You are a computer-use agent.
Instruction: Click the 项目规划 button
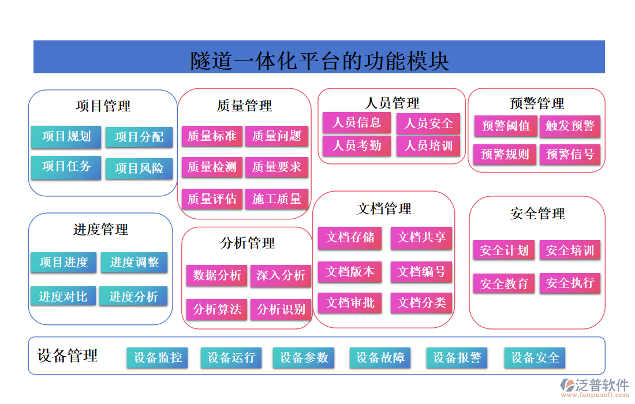pyautogui.click(x=66, y=137)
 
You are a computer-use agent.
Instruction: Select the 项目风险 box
pyautogui.click(x=139, y=169)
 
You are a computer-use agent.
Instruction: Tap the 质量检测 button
pyautogui.click(x=212, y=167)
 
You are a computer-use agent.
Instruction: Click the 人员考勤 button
pyautogui.click(x=357, y=145)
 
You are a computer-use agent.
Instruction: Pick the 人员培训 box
pyautogui.click(x=428, y=145)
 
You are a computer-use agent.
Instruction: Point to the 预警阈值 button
pyautogui.click(x=506, y=126)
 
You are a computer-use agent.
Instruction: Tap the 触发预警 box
pyautogui.click(x=570, y=126)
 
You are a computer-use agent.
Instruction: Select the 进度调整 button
pyautogui.click(x=135, y=263)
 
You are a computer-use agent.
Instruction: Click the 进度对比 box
pyautogui.click(x=63, y=297)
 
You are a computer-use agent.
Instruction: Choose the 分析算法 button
pyautogui.click(x=217, y=309)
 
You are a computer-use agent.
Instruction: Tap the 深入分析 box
pyautogui.click(x=281, y=275)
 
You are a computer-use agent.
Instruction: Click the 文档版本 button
pyautogui.click(x=350, y=271)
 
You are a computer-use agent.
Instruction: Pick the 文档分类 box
pyautogui.click(x=421, y=302)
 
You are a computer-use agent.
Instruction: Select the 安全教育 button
pyautogui.click(x=505, y=284)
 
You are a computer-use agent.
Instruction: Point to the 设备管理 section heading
pyautogui.click(x=68, y=356)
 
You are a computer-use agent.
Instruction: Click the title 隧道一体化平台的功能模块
pyautogui.click(x=319, y=61)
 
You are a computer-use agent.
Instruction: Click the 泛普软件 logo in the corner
pyautogui.click(x=595, y=387)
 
